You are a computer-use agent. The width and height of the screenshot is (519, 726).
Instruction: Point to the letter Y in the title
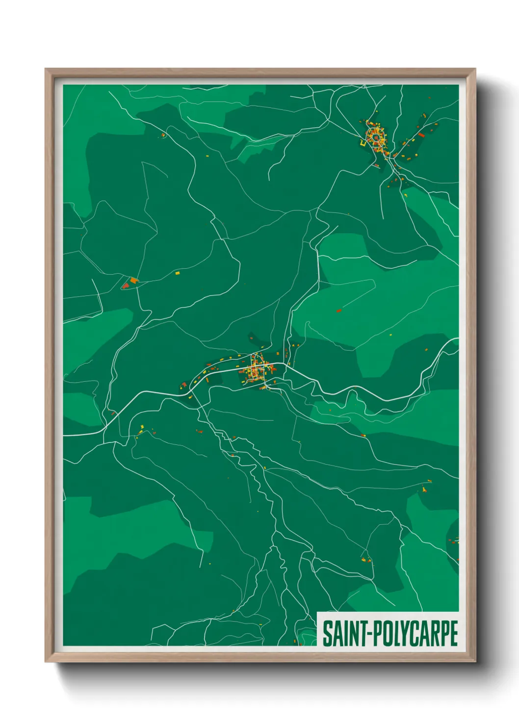coord(401,633)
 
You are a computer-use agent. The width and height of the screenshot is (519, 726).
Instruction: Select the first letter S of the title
coord(326,633)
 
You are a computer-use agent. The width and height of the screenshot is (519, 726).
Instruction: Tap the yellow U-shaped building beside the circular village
coord(363,144)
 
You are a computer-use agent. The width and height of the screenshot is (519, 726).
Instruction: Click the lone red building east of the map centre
coord(338,311)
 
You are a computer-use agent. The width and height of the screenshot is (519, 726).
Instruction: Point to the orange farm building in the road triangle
coord(134,281)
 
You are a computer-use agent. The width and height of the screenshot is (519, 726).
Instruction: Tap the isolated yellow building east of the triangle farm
coord(178,272)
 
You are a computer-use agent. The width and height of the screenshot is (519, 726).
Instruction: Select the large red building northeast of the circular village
coord(421,134)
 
